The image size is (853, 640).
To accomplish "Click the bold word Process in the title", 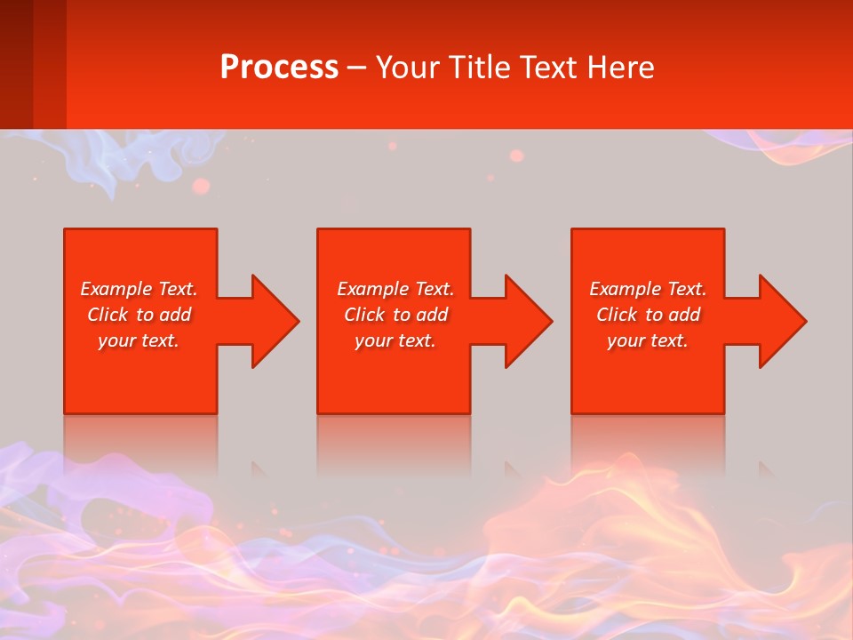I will (x=279, y=68).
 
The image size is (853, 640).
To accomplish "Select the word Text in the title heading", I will (x=547, y=68).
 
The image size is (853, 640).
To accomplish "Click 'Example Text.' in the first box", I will (x=139, y=289).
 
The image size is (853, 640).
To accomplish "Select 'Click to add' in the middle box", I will (x=395, y=315).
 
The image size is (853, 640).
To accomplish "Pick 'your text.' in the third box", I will (x=648, y=340).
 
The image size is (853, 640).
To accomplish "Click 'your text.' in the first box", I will (x=139, y=340).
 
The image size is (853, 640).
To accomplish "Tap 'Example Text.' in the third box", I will (x=648, y=289).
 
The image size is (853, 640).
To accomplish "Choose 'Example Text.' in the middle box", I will (x=395, y=289).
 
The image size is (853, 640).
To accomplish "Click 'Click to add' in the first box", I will (x=139, y=315).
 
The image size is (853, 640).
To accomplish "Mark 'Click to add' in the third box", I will (x=648, y=315).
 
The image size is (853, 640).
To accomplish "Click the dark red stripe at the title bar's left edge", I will (x=16, y=64).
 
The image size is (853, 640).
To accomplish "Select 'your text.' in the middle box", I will (x=395, y=340).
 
